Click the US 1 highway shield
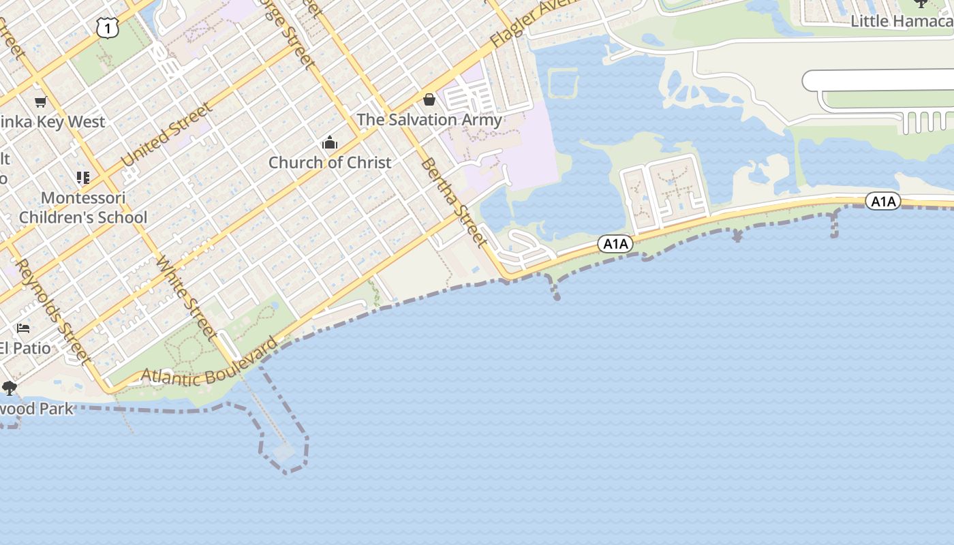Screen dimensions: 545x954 108,27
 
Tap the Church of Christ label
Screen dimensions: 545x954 330,162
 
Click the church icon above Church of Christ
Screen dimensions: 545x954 330,143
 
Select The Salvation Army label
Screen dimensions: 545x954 429,120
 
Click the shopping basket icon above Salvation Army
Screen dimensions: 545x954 429,100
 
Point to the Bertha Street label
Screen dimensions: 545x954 454,202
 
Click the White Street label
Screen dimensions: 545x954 186,298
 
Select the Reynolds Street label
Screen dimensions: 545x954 52,311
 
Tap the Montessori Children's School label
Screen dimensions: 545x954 83,208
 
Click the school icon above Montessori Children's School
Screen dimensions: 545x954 83,178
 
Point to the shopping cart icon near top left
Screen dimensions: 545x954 40,102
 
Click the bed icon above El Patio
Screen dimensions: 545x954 23,328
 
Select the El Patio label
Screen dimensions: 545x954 25,348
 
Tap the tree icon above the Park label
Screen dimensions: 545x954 9,388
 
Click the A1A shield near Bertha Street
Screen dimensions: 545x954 615,244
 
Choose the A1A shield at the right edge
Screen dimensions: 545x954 882,201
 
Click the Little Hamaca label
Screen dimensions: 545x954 901,21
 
